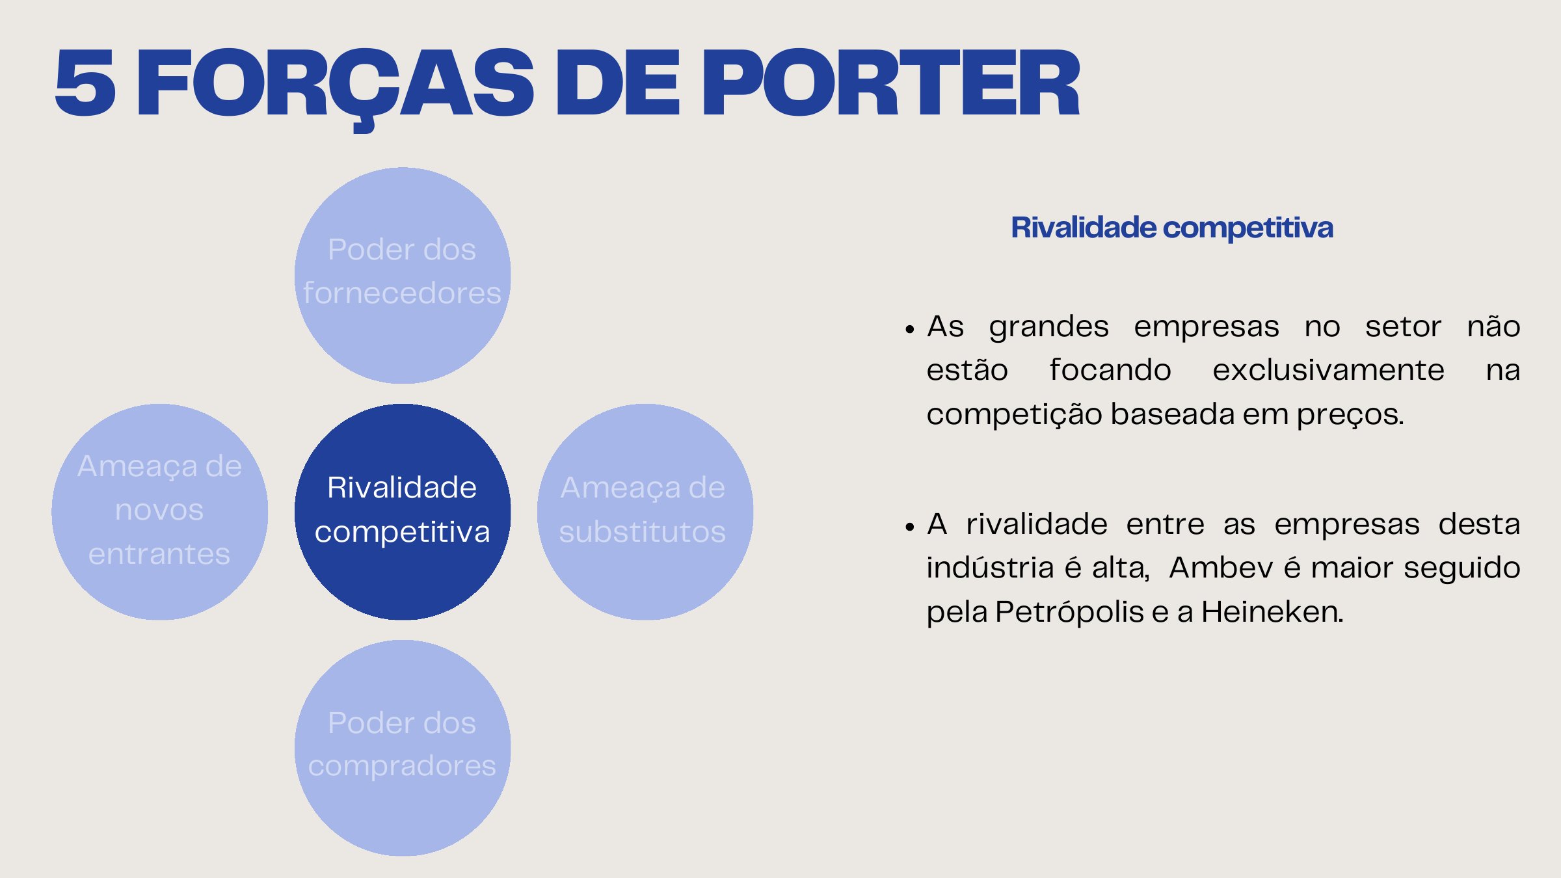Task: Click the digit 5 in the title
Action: tap(85, 83)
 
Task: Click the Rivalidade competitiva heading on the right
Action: tap(1171, 228)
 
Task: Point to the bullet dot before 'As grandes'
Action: tap(909, 330)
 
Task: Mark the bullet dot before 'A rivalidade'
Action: tap(909, 527)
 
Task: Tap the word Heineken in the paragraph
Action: tap(1272, 612)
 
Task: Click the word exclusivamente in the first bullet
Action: tap(1328, 370)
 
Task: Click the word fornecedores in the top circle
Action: tap(402, 293)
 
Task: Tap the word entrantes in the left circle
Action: tap(159, 554)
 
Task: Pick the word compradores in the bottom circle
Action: tap(402, 766)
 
